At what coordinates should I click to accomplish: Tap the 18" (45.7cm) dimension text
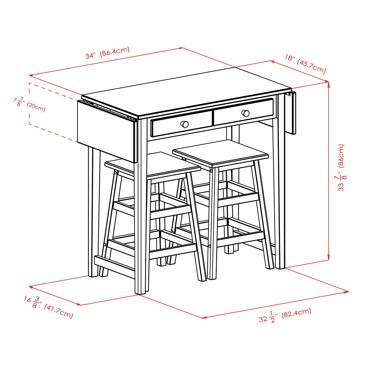tap(305, 64)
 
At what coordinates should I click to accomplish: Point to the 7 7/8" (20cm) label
tap(29, 104)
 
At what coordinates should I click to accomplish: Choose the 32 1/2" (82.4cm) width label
tap(285, 316)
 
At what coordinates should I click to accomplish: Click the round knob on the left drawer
tap(185, 124)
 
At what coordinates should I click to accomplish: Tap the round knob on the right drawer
tap(245, 113)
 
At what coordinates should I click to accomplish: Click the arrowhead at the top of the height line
tap(328, 84)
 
